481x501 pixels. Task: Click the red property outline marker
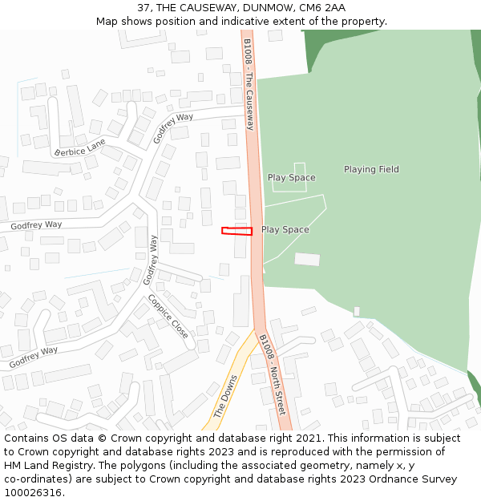(x=236, y=231)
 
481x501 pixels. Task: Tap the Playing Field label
(x=371, y=170)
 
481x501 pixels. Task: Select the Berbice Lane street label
(x=80, y=148)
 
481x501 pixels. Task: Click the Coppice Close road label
(x=168, y=316)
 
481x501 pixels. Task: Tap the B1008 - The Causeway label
(x=249, y=84)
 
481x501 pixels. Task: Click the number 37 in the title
(x=143, y=8)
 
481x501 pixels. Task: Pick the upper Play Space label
(x=291, y=178)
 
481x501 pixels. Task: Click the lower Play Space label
(x=285, y=230)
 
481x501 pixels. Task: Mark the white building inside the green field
(x=307, y=259)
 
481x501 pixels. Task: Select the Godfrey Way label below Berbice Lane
(x=36, y=225)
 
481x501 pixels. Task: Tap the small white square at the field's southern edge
(x=357, y=311)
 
